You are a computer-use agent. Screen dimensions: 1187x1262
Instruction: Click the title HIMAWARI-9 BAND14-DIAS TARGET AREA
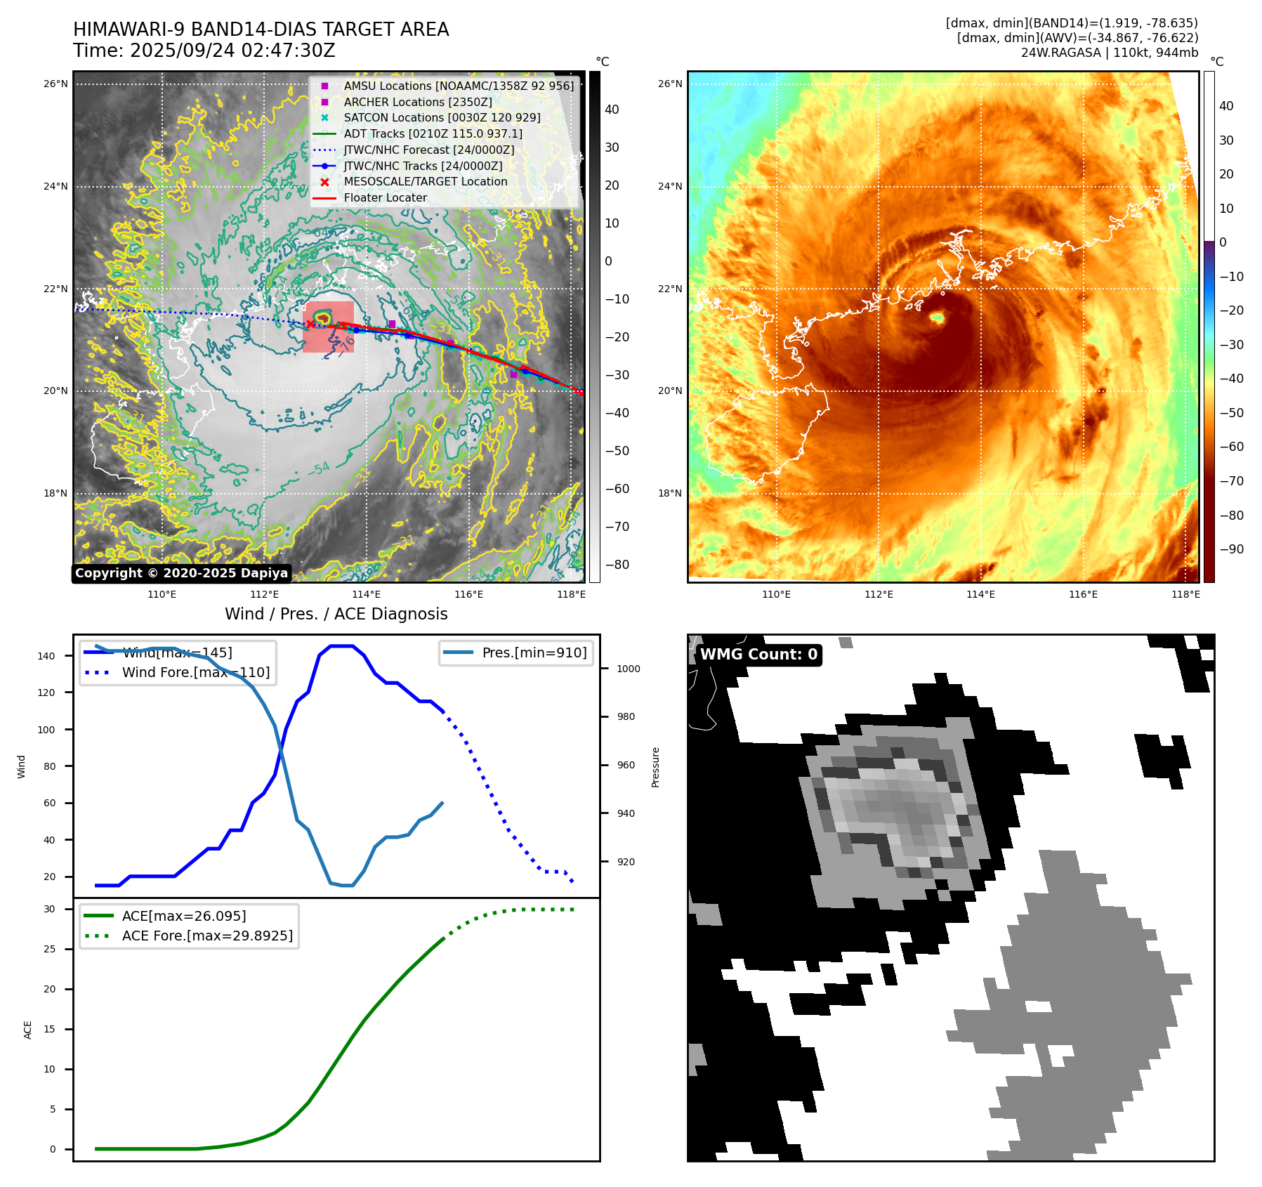[x=261, y=29]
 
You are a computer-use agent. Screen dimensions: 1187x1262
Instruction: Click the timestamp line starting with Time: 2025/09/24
[x=204, y=51]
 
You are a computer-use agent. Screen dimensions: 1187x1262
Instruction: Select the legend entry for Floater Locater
[x=385, y=198]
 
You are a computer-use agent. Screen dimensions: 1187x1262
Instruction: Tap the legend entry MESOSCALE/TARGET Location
[x=425, y=182]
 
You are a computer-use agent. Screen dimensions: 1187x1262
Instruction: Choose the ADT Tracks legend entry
[x=433, y=133]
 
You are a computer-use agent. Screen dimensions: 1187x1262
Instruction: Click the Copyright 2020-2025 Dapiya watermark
[x=181, y=573]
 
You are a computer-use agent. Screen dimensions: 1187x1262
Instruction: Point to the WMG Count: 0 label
[x=758, y=655]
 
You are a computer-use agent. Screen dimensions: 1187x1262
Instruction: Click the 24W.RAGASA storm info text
[x=1109, y=53]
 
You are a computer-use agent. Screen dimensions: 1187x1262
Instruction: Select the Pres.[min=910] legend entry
[x=534, y=652]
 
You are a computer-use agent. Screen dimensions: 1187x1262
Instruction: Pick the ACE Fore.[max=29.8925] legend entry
[x=207, y=936]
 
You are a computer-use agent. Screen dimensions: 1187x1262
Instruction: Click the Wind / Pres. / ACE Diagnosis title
[x=336, y=614]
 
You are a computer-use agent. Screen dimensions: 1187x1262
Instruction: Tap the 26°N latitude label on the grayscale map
[x=55, y=84]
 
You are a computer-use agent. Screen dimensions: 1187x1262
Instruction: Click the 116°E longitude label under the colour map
[x=1083, y=594]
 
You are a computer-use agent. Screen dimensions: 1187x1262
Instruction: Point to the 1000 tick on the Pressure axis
[x=628, y=669]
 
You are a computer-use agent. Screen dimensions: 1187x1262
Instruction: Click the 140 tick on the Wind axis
[x=46, y=656]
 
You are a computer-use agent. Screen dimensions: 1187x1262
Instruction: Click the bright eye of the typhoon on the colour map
[x=936, y=318]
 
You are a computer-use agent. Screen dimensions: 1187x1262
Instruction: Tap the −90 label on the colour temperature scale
[x=1231, y=549]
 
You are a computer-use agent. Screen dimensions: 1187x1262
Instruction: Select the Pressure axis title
[x=655, y=767]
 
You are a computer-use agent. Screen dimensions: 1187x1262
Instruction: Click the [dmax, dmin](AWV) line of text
[x=1077, y=38]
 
